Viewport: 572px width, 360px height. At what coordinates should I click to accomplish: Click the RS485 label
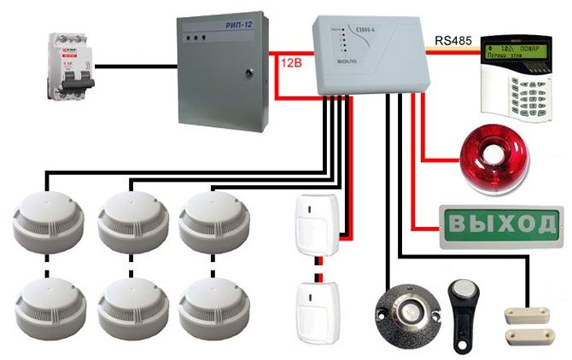(452, 39)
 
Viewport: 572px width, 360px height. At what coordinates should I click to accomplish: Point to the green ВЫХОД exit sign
(500, 224)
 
